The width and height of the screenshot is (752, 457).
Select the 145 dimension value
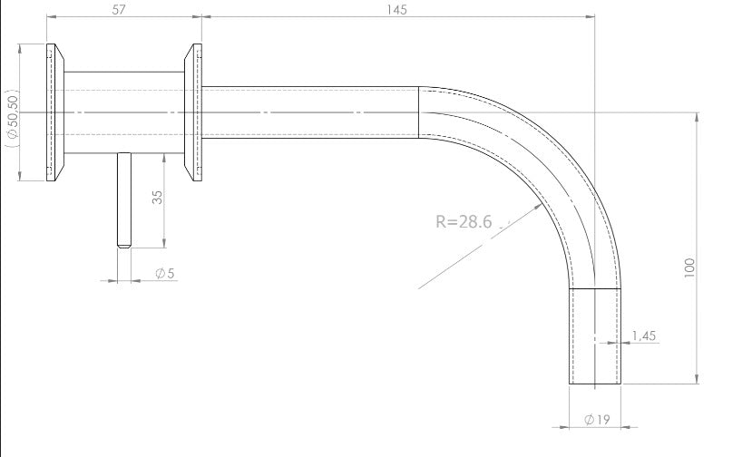coord(396,9)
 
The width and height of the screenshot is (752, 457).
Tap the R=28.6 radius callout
coord(463,220)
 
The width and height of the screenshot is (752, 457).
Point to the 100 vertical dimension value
coord(690,267)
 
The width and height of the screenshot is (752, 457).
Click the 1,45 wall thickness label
coord(642,335)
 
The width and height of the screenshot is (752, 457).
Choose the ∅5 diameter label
coord(164,273)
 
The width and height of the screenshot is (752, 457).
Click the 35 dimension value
coord(157,198)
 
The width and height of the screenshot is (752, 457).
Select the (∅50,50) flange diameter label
coord(11,116)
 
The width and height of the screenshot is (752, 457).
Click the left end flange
coord(54,112)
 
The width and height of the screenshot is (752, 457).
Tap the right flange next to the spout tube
coord(193,112)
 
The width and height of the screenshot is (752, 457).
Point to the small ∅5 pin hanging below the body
coord(124,199)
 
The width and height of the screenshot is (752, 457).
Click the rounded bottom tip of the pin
coord(124,246)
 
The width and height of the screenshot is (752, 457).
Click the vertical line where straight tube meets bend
coord(418,112)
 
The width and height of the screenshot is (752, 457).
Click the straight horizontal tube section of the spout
coord(308,112)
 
